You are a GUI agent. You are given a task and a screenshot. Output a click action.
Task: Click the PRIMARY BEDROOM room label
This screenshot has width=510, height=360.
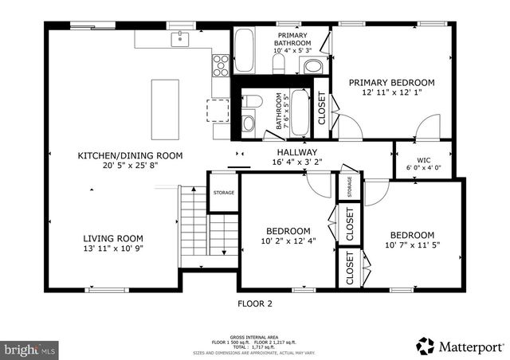click(x=396, y=83)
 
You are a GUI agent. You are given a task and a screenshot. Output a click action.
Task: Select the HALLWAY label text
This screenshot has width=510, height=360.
click(x=296, y=152)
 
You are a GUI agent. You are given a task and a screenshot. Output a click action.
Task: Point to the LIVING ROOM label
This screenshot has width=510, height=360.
click(x=113, y=237)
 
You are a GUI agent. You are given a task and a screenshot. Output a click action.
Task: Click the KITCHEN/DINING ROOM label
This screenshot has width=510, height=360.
click(x=130, y=155)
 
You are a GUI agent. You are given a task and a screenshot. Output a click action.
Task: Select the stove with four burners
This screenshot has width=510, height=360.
click(x=221, y=64)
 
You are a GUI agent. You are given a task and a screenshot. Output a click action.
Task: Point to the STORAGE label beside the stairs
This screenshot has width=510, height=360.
click(x=223, y=192)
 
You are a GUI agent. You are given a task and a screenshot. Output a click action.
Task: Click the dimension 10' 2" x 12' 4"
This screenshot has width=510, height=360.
click(x=288, y=241)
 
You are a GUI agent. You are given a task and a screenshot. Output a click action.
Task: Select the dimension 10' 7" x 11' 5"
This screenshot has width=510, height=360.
click(x=411, y=245)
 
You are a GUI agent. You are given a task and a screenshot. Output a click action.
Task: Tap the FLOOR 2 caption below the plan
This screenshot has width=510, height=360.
click(x=255, y=303)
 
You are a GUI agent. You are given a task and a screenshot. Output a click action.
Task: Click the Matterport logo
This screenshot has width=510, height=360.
click(x=460, y=346)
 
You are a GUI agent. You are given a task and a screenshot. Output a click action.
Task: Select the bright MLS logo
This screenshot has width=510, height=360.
click(x=30, y=349)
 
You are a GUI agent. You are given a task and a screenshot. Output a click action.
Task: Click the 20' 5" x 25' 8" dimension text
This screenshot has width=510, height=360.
click(x=130, y=166)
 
